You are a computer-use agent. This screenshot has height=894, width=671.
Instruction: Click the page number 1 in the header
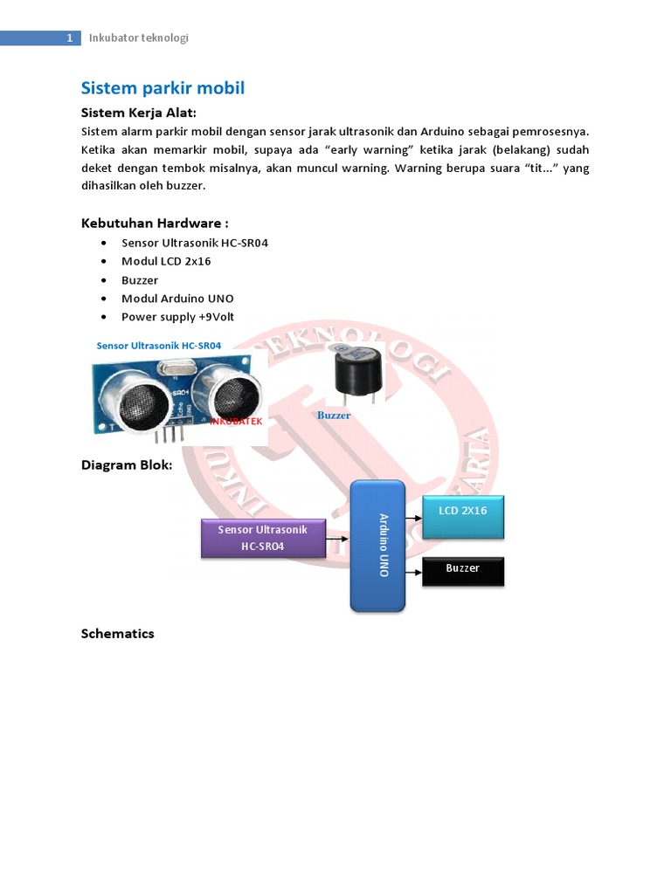pyautogui.click(x=69, y=38)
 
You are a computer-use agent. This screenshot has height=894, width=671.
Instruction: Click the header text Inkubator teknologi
pyautogui.click(x=139, y=38)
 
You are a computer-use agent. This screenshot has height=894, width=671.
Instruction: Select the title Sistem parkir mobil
pyautogui.click(x=163, y=88)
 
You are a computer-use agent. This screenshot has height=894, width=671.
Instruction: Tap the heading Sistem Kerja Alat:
pyautogui.click(x=138, y=113)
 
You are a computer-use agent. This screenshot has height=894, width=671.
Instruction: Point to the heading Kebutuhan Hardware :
pyautogui.click(x=155, y=223)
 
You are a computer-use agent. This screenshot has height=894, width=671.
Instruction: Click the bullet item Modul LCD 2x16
pyautogui.click(x=166, y=261)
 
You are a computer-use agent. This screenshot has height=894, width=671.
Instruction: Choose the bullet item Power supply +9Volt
pyautogui.click(x=177, y=317)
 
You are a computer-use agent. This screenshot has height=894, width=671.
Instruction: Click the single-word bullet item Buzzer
pyautogui.click(x=140, y=280)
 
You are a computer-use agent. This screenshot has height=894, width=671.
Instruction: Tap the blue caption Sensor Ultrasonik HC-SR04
pyautogui.click(x=159, y=346)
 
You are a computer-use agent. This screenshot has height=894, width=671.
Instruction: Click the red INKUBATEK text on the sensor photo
pyautogui.click(x=236, y=422)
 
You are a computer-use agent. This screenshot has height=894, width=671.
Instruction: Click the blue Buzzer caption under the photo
pyautogui.click(x=334, y=416)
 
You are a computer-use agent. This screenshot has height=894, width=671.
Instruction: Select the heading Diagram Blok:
pyautogui.click(x=127, y=465)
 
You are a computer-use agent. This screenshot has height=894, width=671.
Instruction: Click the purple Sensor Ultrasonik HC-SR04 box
pyautogui.click(x=263, y=539)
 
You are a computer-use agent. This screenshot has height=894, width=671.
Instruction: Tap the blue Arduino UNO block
pyautogui.click(x=377, y=546)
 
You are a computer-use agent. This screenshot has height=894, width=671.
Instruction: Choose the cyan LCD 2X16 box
pyautogui.click(x=463, y=517)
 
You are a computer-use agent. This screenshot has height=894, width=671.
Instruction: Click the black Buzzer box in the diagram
pyautogui.click(x=463, y=571)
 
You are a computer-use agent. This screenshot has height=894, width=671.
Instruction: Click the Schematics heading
pyautogui.click(x=117, y=634)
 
